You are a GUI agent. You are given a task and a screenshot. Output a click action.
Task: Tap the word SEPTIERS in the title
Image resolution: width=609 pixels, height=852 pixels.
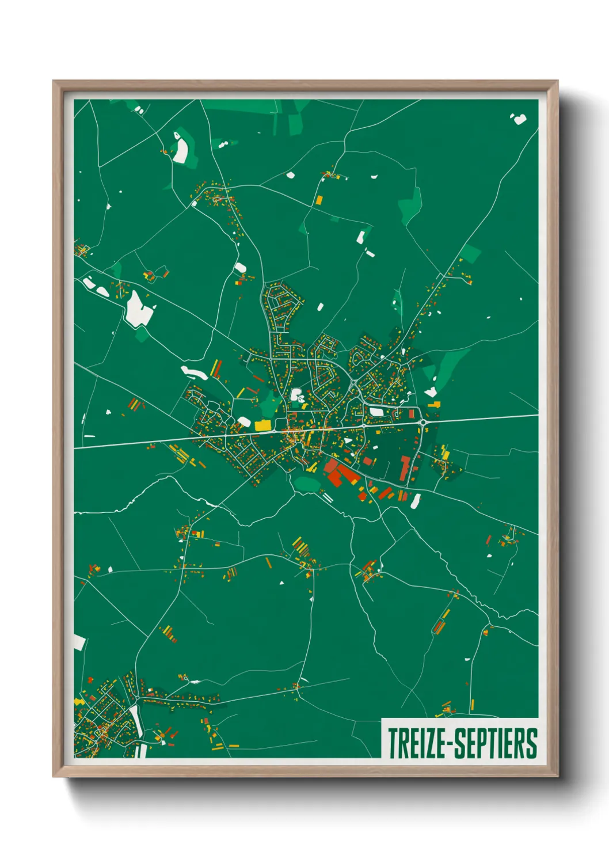coord(496,743)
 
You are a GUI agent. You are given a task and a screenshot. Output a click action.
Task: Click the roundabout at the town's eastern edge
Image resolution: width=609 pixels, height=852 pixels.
coord(424,423)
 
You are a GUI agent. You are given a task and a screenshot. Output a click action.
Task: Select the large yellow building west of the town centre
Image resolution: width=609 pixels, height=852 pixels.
coord(262,425)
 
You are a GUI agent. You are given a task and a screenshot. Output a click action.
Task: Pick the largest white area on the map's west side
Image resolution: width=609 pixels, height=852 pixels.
coord(139,309)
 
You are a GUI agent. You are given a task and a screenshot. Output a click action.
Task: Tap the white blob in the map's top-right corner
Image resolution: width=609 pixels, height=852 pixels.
coord(519,119)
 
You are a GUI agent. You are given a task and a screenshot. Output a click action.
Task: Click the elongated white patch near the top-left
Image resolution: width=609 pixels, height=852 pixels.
coord(181,147)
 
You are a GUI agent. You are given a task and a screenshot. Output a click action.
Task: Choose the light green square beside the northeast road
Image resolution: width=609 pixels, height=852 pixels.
coord(471,253)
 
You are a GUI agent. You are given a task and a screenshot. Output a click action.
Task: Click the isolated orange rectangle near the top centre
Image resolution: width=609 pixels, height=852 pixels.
coord(319,200)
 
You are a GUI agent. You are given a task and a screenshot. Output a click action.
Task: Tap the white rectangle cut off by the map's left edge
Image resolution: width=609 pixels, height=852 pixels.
coord(79,643)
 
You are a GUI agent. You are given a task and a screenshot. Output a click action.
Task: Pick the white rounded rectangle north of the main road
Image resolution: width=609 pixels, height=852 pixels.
coord(377,412)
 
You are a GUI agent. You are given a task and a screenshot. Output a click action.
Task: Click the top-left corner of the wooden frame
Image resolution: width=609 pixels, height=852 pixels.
coord(54,82)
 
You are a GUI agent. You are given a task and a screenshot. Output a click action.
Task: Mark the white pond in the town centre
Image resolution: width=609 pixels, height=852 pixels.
coord(298,395)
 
